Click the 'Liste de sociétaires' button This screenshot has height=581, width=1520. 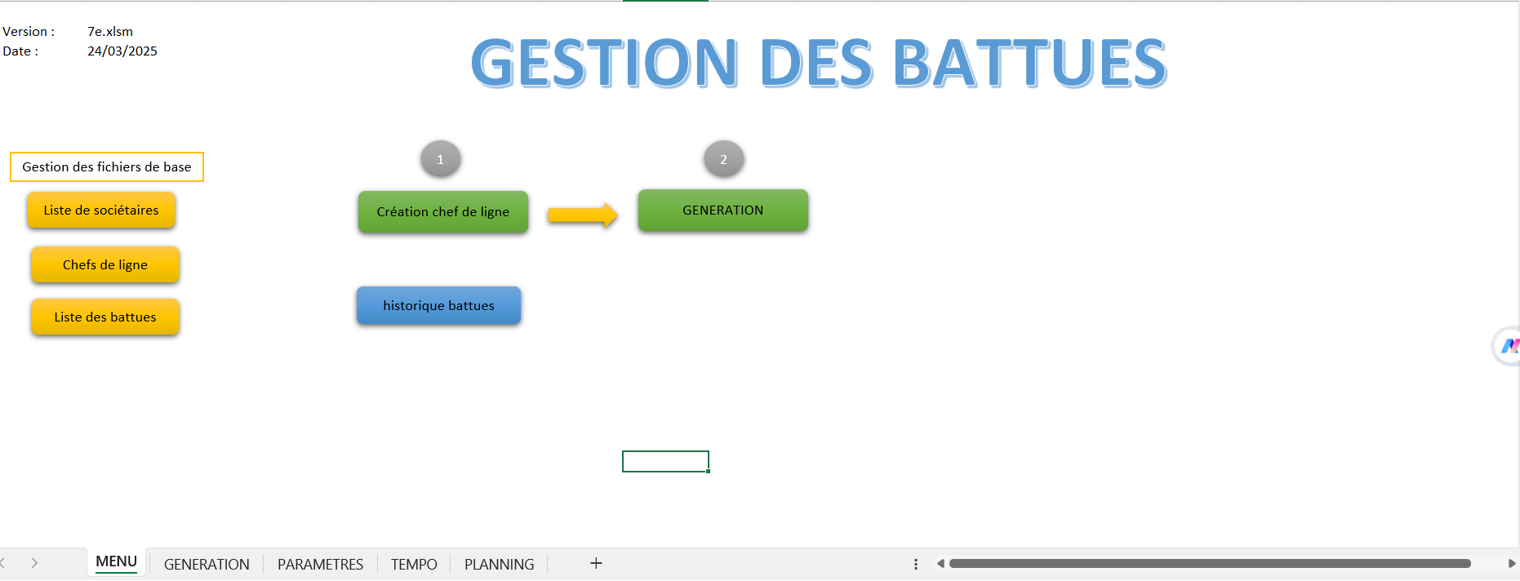tap(101, 211)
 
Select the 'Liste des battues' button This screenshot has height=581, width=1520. tap(105, 317)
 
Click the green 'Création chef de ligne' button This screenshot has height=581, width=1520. tap(443, 212)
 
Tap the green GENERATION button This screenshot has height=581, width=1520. tap(723, 211)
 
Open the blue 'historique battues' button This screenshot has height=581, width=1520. tap(438, 305)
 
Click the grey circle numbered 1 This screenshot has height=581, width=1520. tap(441, 159)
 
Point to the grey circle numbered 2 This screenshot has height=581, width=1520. tap(723, 159)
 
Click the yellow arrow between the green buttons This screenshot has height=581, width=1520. tap(583, 215)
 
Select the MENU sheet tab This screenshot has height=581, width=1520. tap(116, 562)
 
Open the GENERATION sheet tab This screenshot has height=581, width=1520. tap(207, 564)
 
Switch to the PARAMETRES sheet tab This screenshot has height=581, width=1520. tap(320, 564)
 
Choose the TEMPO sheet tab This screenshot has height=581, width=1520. tap(414, 564)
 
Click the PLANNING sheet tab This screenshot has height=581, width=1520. tap(499, 564)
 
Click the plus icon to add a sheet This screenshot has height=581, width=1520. tap(596, 563)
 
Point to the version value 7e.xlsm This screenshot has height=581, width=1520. tap(110, 32)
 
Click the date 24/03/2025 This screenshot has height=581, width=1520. tap(122, 51)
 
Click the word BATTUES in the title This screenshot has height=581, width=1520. tap(1030, 63)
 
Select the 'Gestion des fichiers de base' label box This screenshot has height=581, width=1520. tap(107, 166)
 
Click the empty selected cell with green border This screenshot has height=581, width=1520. tap(665, 461)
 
